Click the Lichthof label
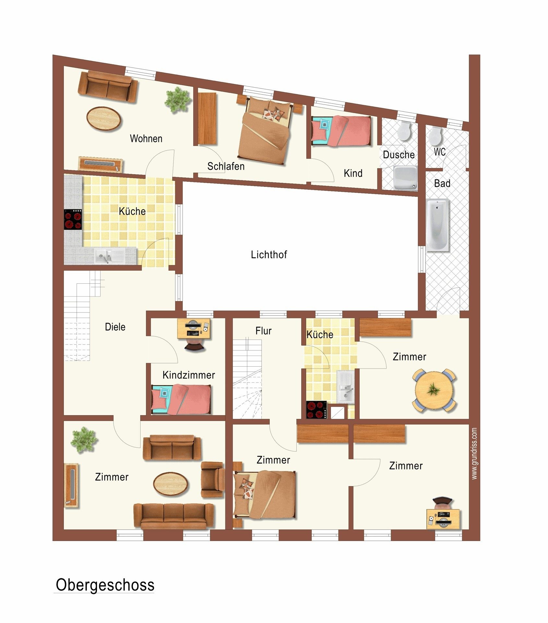click(x=269, y=254)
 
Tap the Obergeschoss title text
click(x=105, y=585)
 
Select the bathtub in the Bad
click(x=437, y=225)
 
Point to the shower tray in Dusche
click(x=405, y=177)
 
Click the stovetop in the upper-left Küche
click(x=73, y=220)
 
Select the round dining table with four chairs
click(x=434, y=391)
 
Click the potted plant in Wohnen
click(x=177, y=100)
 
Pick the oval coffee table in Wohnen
click(x=104, y=118)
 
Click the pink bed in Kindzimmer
click(x=181, y=399)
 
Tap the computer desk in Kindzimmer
click(x=193, y=329)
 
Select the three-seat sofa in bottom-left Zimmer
click(x=174, y=515)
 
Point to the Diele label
click(x=115, y=327)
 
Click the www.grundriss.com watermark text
click(x=474, y=453)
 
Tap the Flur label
click(x=263, y=331)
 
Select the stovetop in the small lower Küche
click(x=316, y=410)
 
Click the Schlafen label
click(x=226, y=166)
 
